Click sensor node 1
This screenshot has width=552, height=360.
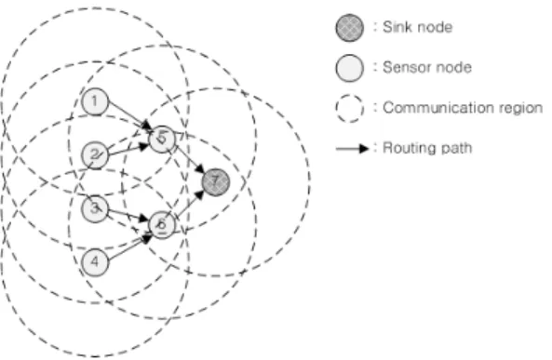pyautogui.click(x=95, y=101)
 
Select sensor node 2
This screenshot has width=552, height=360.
pyautogui.click(x=95, y=155)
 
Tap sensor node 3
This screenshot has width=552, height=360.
pyautogui.click(x=95, y=208)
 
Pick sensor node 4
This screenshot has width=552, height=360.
pyautogui.click(x=95, y=262)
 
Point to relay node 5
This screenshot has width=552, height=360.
pyautogui.click(x=162, y=139)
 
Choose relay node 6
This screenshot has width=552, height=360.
pyautogui.click(x=162, y=225)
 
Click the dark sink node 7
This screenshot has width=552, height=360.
pyautogui.click(x=216, y=182)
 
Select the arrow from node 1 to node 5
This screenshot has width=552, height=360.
pyautogui.click(x=130, y=115)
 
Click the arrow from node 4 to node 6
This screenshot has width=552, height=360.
pyautogui.click(x=130, y=248)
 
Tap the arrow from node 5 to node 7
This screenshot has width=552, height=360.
pyautogui.click(x=190, y=159)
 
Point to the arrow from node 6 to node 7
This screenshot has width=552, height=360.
pyautogui.click(x=190, y=204)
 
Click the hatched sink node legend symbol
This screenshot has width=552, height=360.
pyautogui.click(x=350, y=28)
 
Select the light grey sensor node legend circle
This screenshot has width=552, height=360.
pyautogui.click(x=350, y=68)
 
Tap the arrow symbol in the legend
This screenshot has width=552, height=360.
pyautogui.click(x=353, y=149)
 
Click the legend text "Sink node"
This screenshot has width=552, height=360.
pyautogui.click(x=418, y=28)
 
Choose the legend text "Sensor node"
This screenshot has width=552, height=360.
pyautogui.click(x=427, y=68)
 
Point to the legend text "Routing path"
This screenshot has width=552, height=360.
pyautogui.click(x=427, y=148)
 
